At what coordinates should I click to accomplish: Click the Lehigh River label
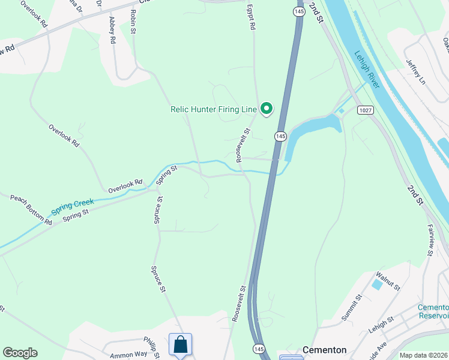367,69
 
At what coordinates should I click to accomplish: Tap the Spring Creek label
73,205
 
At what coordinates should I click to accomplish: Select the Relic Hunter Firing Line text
213,109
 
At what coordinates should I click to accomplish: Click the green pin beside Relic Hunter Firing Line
266,109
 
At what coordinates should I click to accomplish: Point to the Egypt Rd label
252,19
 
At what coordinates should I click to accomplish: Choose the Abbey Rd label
112,30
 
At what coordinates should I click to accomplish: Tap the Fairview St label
430,240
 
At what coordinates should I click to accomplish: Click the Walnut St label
387,280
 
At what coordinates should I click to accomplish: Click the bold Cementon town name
324,350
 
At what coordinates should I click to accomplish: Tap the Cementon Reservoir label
433,311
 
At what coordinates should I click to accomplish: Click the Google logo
20,353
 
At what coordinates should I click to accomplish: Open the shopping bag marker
180,345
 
